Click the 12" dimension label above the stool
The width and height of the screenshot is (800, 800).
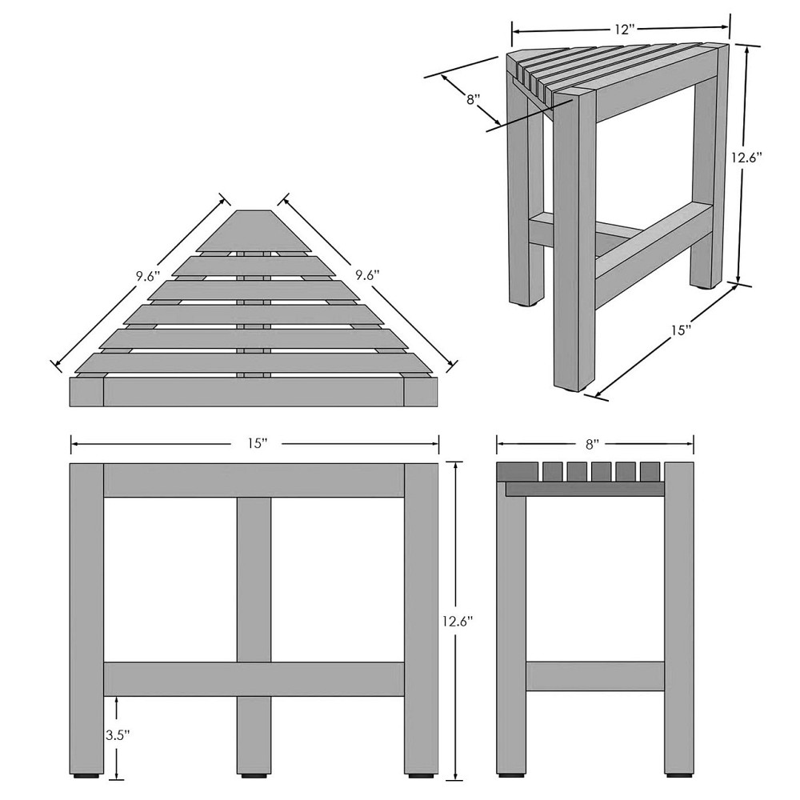[622, 30]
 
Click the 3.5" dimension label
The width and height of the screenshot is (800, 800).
[118, 735]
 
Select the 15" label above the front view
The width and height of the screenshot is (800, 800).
[258, 443]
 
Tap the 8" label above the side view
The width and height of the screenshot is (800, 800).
[591, 444]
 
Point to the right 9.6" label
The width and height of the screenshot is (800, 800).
[368, 275]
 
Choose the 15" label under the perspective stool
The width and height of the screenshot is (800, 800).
[680, 330]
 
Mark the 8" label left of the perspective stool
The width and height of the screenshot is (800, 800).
[474, 98]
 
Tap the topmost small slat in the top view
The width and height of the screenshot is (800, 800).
[254, 231]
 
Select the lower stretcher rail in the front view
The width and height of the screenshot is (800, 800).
[254, 679]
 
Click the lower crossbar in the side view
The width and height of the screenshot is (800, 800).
[595, 676]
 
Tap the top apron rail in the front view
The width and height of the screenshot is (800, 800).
[254, 480]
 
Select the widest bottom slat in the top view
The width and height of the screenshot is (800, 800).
[254, 362]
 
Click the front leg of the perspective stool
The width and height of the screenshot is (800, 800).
[574, 240]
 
